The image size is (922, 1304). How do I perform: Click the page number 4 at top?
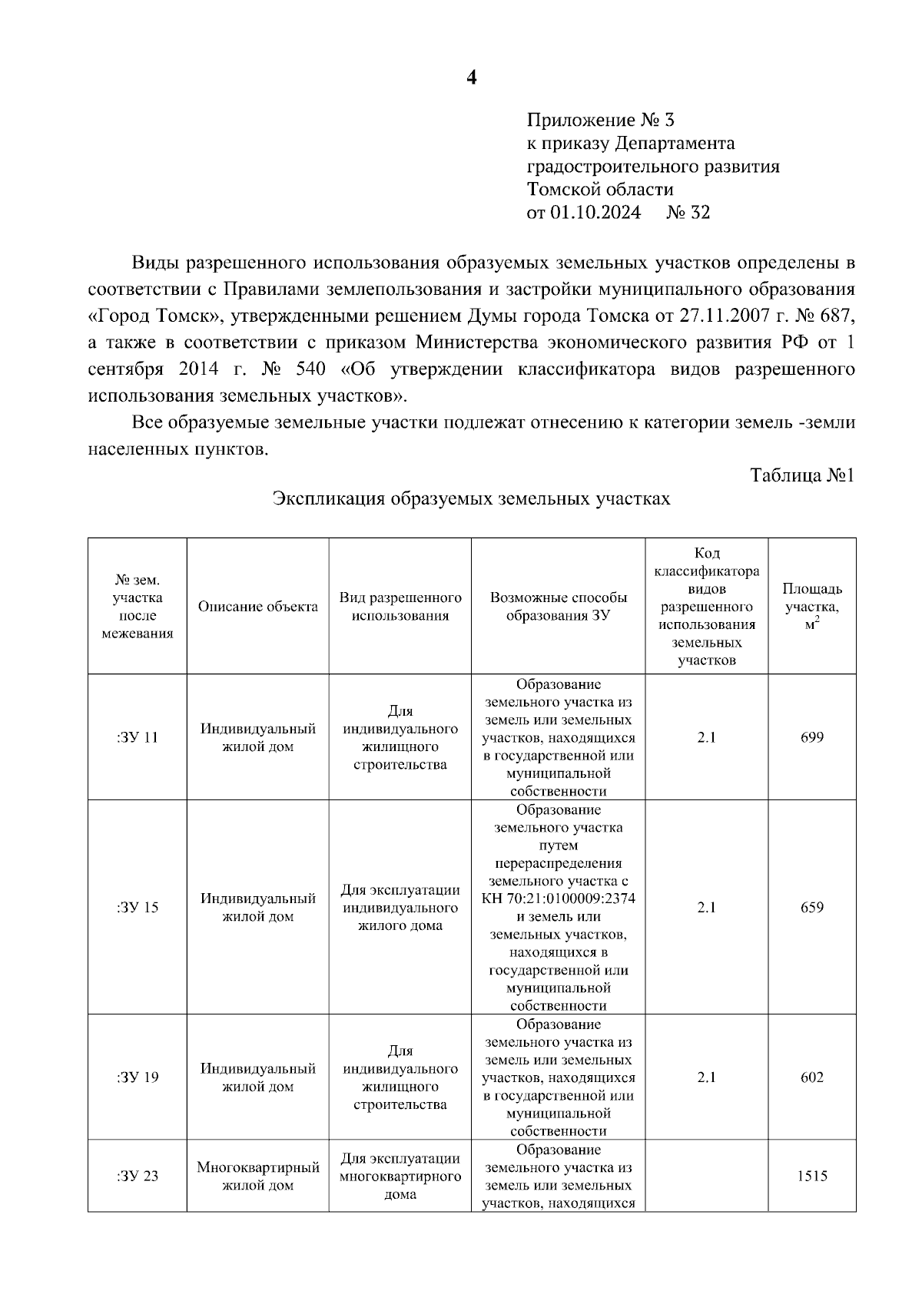click(x=472, y=77)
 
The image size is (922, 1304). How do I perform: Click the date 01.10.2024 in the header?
click(x=595, y=213)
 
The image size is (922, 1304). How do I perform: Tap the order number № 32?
click(x=688, y=213)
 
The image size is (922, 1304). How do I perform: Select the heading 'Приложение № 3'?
click(x=600, y=121)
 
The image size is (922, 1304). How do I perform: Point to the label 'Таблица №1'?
click(x=802, y=475)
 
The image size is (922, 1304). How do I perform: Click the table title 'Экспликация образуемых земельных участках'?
click(x=472, y=499)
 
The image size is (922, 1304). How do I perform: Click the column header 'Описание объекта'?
click(x=257, y=607)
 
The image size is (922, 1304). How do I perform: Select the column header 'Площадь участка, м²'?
click(x=811, y=607)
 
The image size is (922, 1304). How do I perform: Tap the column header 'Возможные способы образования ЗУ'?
click(x=559, y=607)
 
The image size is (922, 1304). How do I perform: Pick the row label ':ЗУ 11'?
click(x=138, y=738)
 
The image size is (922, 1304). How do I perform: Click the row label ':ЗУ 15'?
click(x=138, y=908)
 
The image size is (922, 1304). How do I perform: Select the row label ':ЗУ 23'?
click(x=138, y=1176)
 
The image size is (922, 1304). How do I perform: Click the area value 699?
click(x=811, y=738)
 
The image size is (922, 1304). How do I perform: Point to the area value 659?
click(x=811, y=908)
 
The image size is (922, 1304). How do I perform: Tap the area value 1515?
click(x=811, y=1176)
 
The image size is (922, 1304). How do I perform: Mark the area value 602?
click(x=811, y=1077)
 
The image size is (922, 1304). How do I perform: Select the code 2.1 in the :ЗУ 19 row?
click(x=706, y=1077)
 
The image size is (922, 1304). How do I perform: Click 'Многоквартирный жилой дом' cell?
click(x=257, y=1177)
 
